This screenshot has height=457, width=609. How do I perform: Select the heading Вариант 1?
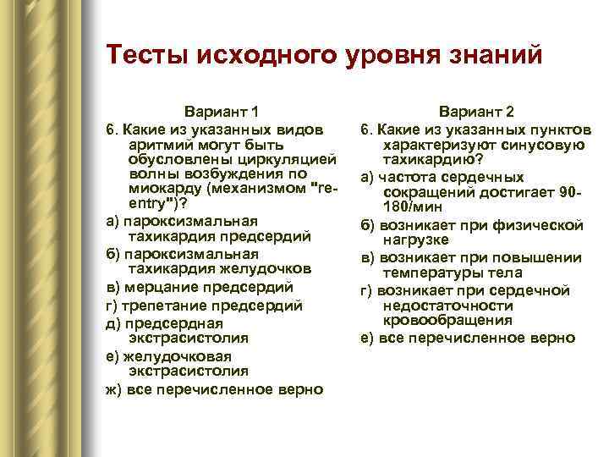tap(222, 112)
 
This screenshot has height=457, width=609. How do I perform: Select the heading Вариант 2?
tap(476, 112)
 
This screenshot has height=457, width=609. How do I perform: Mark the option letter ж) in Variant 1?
tap(113, 389)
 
